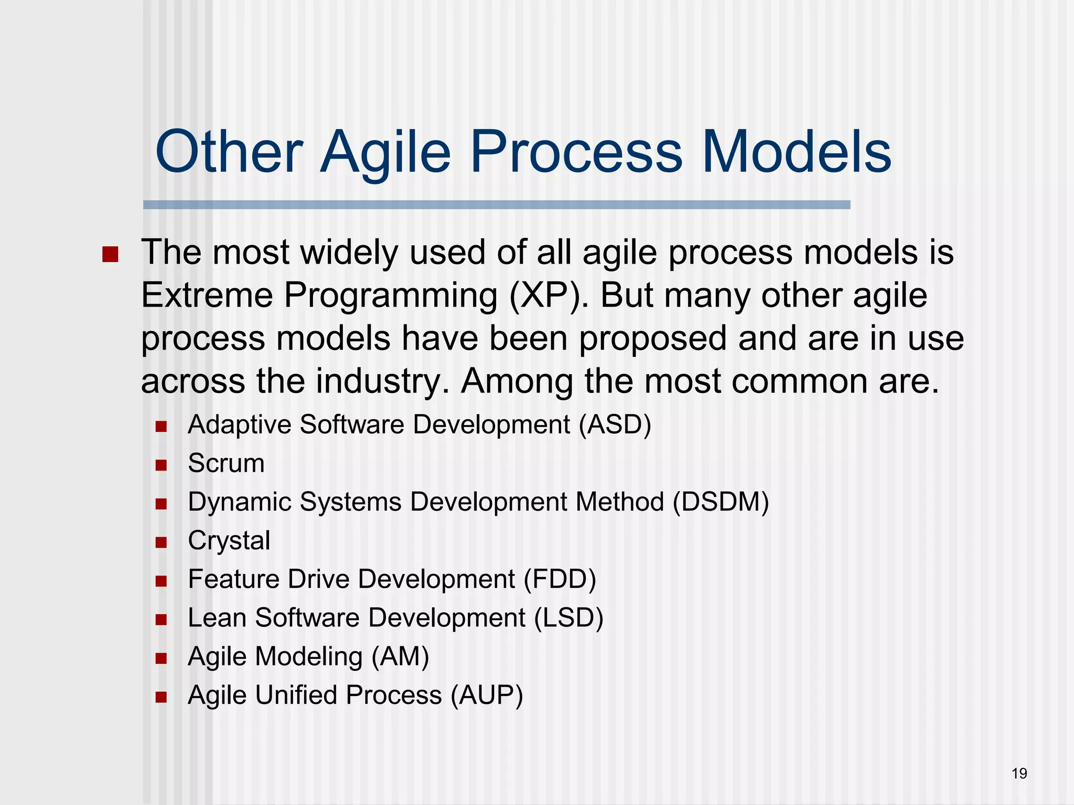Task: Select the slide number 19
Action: click(1019, 774)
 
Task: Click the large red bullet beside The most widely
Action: click(110, 255)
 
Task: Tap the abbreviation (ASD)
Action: click(615, 424)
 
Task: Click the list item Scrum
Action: click(226, 463)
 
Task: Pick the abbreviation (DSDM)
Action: click(721, 502)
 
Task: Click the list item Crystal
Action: click(229, 541)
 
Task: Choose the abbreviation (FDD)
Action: click(560, 579)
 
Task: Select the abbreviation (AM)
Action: click(400, 657)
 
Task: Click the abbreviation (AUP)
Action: click(487, 695)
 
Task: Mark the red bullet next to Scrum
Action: click(161, 465)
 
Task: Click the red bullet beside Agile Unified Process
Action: click(161, 697)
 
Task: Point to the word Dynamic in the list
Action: click(239, 502)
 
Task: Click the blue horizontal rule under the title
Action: click(496, 205)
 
